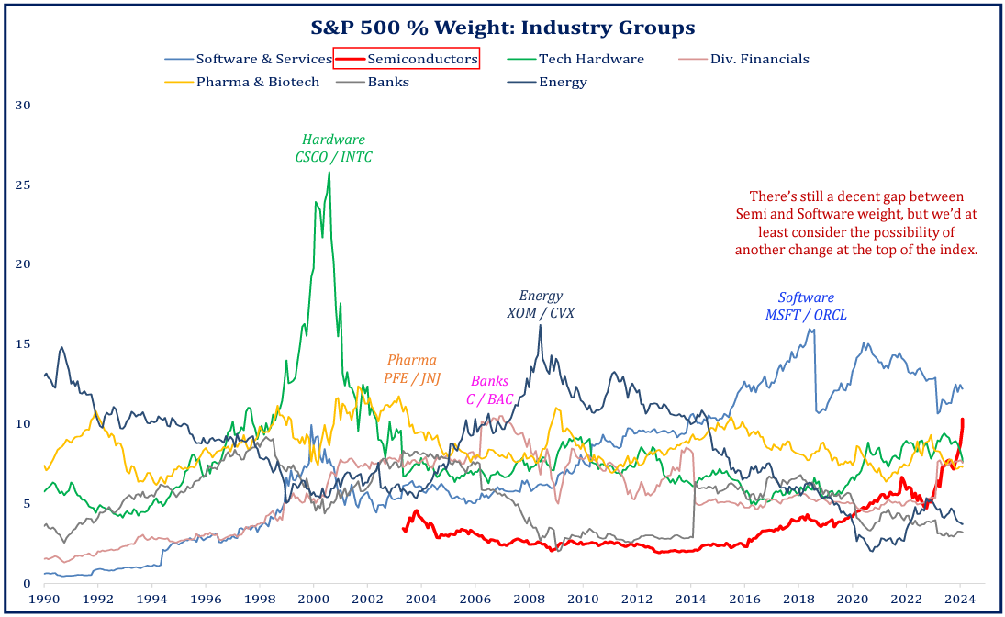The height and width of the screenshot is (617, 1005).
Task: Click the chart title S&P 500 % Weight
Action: point(502,28)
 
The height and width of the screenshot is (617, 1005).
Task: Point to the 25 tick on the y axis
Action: point(23,185)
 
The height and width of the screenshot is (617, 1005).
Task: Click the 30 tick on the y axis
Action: point(23,105)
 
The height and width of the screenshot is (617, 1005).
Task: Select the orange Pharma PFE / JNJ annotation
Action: point(411,368)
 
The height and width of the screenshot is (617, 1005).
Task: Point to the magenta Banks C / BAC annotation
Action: point(489,389)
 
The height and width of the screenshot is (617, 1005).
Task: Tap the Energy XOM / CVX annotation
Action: point(541,304)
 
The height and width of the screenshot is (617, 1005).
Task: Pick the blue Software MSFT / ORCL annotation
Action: point(806,306)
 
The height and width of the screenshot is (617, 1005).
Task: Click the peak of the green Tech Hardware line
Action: point(329,173)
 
